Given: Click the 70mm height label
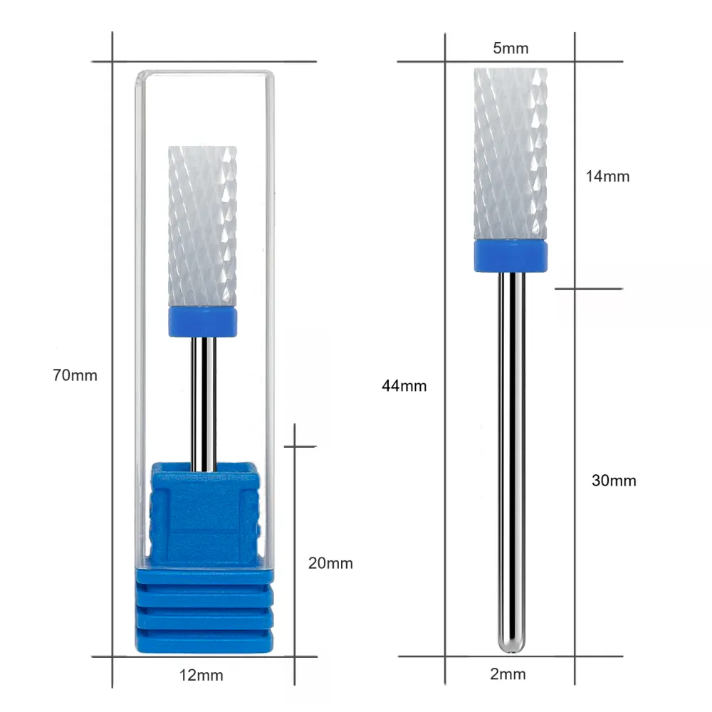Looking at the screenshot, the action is pyautogui.click(x=75, y=375).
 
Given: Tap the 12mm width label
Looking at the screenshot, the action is pyautogui.click(x=201, y=675).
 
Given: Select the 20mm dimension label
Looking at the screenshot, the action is pyautogui.click(x=330, y=563).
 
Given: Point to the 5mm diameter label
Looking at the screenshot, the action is pyautogui.click(x=511, y=48).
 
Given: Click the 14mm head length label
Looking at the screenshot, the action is pyautogui.click(x=607, y=176).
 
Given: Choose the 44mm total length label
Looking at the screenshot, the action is pyautogui.click(x=404, y=386).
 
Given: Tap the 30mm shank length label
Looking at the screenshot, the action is pyautogui.click(x=614, y=481).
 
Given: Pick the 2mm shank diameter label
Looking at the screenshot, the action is pyautogui.click(x=508, y=674).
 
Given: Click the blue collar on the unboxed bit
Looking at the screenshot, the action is pyautogui.click(x=511, y=256).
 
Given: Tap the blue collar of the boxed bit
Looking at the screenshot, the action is pyautogui.click(x=202, y=322).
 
